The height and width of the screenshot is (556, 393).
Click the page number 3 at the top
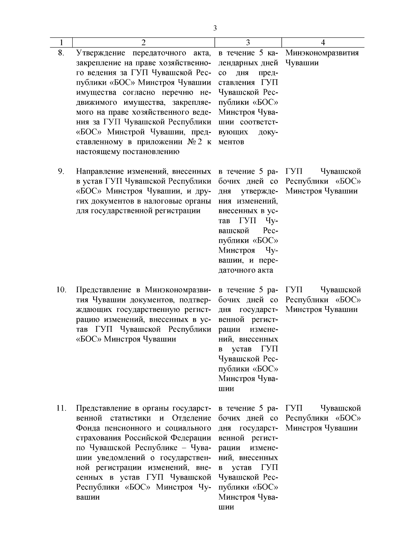click(215, 28)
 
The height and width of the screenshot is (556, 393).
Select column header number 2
click(143, 43)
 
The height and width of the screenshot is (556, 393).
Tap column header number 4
click(323, 43)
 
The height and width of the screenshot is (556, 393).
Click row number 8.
click(61, 53)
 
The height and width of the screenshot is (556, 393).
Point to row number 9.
click(61, 171)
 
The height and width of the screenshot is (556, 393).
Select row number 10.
click(61, 290)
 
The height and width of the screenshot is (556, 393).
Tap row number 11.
click(61, 408)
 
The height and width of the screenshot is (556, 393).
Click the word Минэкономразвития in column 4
click(322, 53)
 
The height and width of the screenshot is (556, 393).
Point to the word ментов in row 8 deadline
click(231, 142)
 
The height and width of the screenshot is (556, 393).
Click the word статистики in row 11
click(131, 418)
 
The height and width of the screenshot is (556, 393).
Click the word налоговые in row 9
click(166, 201)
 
